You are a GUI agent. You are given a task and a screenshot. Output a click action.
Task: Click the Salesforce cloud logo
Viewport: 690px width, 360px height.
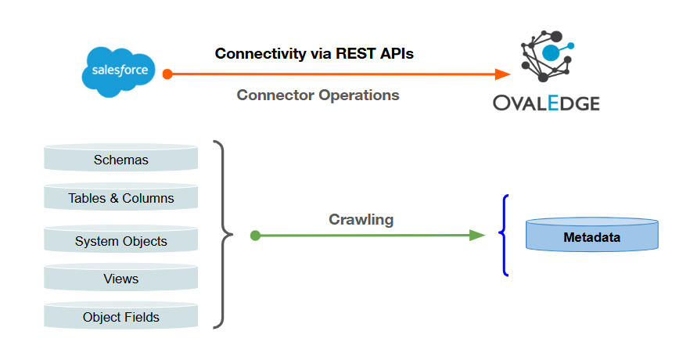119,72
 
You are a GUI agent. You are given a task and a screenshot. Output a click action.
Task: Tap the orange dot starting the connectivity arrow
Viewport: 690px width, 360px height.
167,74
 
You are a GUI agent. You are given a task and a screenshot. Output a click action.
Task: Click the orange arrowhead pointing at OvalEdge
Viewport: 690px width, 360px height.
502,74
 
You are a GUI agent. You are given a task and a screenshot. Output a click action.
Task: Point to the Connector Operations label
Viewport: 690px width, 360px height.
318,95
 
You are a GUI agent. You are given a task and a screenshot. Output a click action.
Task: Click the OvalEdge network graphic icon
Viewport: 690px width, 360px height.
547,56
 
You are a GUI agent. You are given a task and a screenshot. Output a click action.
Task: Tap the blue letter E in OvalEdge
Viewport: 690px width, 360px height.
553,103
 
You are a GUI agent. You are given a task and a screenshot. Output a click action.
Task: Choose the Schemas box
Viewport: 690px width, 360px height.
121,157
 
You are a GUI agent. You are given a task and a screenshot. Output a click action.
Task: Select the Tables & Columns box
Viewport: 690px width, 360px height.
121,196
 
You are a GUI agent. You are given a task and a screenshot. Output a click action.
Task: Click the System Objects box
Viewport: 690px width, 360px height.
121,239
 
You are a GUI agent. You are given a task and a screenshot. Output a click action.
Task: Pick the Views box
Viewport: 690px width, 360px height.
121,277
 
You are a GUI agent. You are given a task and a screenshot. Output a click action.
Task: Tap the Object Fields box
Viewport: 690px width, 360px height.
121,315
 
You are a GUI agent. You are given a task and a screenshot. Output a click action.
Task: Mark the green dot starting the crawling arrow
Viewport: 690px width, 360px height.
255,236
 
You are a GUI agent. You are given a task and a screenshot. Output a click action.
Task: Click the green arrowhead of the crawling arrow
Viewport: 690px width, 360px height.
477,236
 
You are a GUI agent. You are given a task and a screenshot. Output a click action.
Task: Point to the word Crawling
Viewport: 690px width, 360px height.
361,220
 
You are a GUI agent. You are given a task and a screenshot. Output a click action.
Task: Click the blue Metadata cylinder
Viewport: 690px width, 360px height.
592,235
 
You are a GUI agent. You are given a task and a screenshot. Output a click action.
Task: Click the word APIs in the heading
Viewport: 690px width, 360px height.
397,53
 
